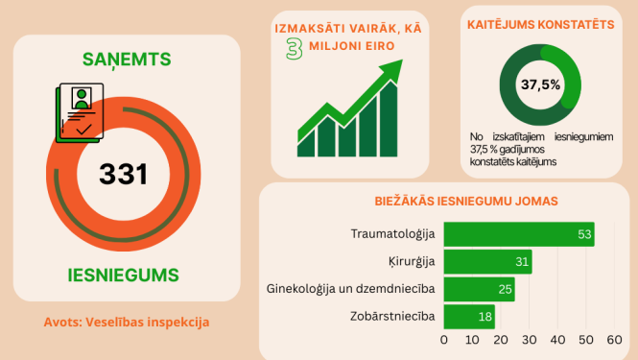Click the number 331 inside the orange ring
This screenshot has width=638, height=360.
click(x=123, y=174)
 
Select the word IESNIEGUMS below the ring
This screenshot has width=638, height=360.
click(x=123, y=275)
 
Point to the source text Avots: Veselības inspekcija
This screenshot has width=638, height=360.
click(x=127, y=322)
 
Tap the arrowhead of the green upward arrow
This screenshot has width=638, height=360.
click(x=392, y=74)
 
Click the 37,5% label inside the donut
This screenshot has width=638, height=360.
click(x=540, y=84)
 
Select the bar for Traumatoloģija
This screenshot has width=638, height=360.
click(x=518, y=234)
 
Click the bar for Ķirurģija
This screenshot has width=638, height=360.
click(x=487, y=261)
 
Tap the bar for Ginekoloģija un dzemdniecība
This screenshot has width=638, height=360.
click(x=479, y=289)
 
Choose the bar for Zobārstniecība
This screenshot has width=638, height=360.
click(x=469, y=316)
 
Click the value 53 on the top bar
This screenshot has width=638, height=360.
click(x=584, y=234)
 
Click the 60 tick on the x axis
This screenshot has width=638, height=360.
click(x=615, y=339)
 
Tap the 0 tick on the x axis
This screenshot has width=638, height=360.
click(x=444, y=339)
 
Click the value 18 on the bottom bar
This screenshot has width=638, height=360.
click(x=486, y=316)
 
